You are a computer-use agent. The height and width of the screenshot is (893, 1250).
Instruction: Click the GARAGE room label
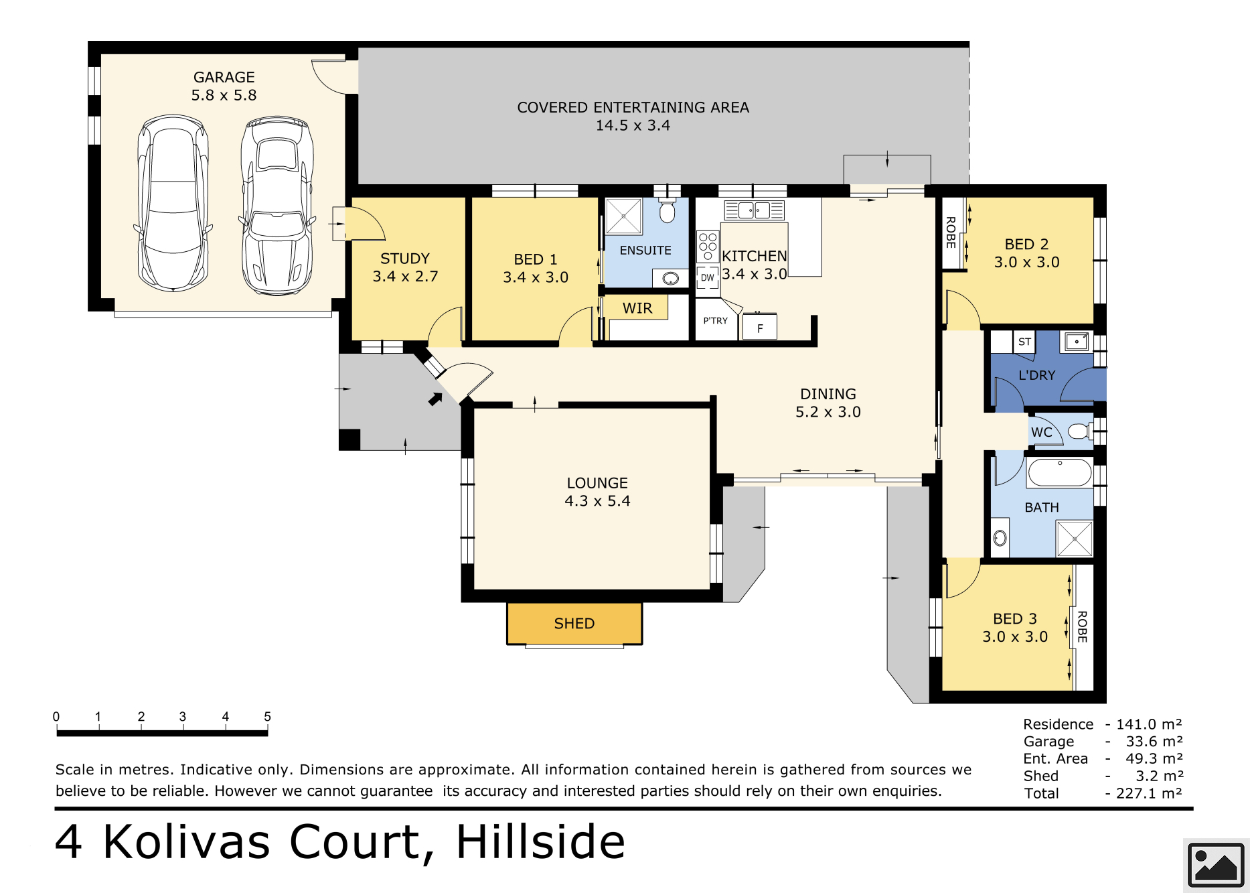click(224, 78)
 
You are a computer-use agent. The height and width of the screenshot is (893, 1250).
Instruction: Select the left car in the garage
click(173, 203)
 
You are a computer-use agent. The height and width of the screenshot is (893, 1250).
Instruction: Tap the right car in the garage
click(277, 206)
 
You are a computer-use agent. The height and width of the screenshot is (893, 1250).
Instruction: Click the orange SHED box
click(574, 624)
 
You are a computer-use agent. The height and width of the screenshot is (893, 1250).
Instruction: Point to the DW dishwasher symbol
click(708, 277)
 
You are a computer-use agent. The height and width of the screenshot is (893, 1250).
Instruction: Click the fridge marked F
click(760, 328)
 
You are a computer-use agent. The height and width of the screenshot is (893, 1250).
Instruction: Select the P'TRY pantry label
click(715, 321)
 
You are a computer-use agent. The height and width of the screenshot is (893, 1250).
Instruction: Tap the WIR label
click(637, 308)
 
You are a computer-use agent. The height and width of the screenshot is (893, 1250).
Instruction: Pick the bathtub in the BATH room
click(1060, 472)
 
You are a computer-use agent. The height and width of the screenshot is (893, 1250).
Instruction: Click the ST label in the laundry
click(1024, 342)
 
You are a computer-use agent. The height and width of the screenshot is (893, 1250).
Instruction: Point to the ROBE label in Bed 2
click(951, 232)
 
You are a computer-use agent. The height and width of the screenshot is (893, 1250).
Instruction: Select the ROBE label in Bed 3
click(1082, 627)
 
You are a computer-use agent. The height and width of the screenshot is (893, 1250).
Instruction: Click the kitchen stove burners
click(708, 246)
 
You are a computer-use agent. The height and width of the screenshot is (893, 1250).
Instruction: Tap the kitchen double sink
click(754, 210)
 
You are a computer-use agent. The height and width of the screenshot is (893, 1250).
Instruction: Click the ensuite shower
click(624, 216)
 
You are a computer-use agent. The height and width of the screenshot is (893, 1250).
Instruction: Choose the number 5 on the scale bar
click(267, 717)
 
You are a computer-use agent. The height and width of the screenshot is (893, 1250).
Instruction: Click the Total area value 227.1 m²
click(1149, 793)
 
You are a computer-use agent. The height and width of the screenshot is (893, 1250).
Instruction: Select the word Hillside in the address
click(540, 841)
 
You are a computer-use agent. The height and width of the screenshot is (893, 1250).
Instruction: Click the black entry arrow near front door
click(435, 399)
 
